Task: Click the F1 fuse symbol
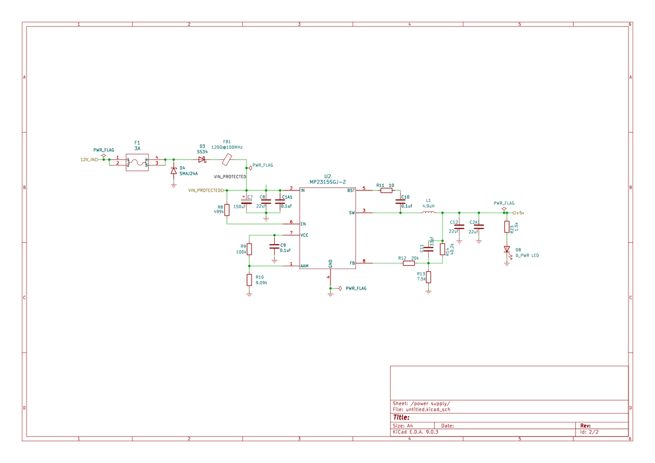tap(137, 161)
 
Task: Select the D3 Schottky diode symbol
tap(201, 160)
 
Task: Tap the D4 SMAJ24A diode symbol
tap(174, 171)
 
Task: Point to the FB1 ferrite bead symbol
tap(227, 160)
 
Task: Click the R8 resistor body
tap(227, 210)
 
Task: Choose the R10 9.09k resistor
tap(249, 280)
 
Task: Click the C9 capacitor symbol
tap(274, 247)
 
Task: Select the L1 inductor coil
tap(428, 212)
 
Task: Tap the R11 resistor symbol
tap(386, 190)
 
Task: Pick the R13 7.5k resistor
tap(428, 277)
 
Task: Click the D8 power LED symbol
tap(507, 249)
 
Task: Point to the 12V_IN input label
tap(89, 160)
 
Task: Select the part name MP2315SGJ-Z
tap(327, 182)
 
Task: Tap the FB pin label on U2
tap(352, 263)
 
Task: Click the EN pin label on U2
tap(303, 224)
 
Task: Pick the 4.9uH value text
tap(428, 206)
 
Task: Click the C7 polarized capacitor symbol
tap(246, 201)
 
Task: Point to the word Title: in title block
tap(402, 417)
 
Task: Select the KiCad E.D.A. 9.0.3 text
tap(415, 432)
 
